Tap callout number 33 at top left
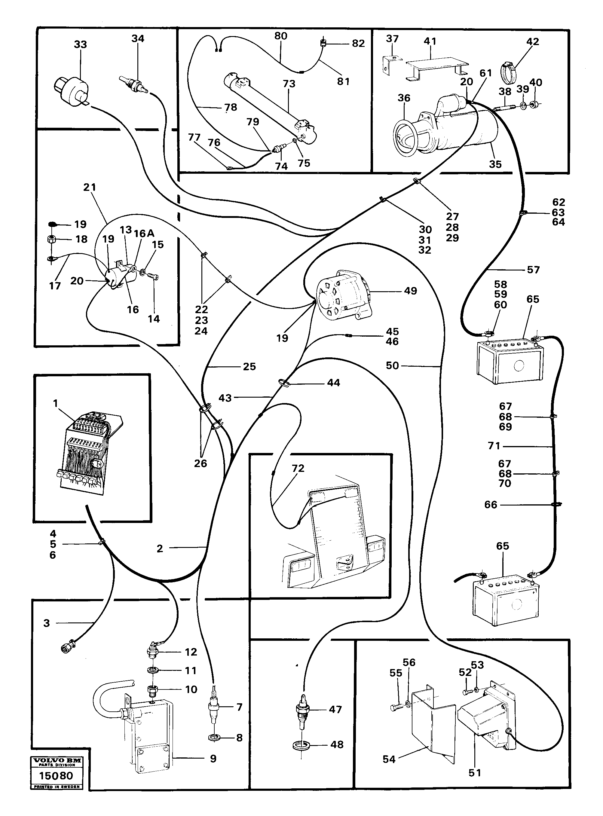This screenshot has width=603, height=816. [x=80, y=44]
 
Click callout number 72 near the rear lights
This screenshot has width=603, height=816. [x=298, y=468]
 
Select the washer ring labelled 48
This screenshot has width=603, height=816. [x=300, y=745]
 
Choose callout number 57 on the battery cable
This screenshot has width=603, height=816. [x=533, y=270]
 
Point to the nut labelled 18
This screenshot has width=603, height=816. [x=51, y=240]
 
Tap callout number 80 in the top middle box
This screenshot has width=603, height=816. [x=281, y=36]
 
